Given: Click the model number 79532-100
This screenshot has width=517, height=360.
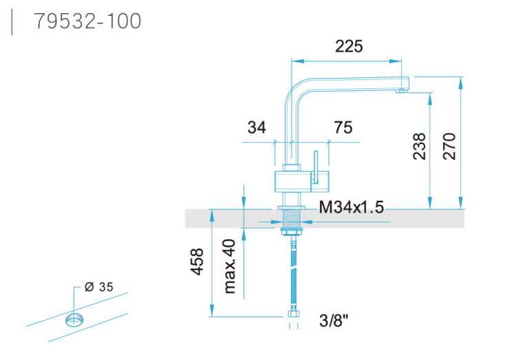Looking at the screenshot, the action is pos(88,21).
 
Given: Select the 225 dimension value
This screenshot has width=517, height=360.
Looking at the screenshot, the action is pos(349,46).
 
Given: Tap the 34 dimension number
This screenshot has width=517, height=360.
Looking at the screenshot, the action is pos(256,128).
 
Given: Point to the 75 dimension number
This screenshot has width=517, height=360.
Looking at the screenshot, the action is pos(343,128).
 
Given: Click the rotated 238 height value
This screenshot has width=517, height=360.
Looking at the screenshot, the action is pos(419,146).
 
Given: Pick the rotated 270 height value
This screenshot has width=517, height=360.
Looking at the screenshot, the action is pos(449,146).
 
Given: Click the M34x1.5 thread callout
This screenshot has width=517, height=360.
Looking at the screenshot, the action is pos(352,207).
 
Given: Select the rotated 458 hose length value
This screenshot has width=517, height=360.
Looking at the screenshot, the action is pos(197,261).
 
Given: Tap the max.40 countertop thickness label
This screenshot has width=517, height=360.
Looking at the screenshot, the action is pos(230,266).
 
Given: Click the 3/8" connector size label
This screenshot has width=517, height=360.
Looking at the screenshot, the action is pos(334,320).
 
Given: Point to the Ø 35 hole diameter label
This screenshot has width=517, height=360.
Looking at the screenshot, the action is pos(99,287).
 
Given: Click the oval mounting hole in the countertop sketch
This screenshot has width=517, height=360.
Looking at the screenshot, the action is pos(74,319).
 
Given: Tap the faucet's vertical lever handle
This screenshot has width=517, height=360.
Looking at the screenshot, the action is pos(316,168).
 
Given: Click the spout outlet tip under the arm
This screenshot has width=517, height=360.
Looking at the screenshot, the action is pos(401,91).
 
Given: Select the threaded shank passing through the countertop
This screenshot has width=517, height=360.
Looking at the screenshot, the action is pos(291,219).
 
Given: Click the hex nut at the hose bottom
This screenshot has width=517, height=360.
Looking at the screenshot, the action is pos(293,314).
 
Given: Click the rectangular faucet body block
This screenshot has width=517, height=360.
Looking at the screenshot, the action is pos(302,181).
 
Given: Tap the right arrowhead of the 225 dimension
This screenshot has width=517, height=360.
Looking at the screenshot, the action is pos(396,61).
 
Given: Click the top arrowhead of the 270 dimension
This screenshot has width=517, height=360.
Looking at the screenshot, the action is pos(460,83).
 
